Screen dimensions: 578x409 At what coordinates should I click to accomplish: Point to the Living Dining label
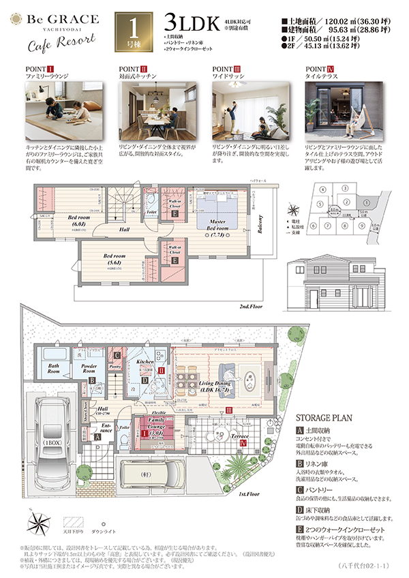pos(215,387)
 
